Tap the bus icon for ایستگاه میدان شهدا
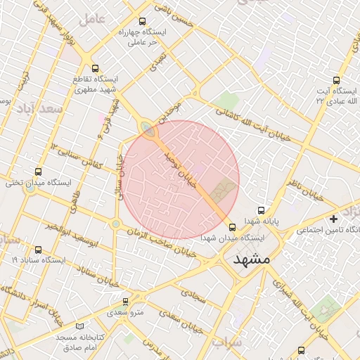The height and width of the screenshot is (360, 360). coord(233,226)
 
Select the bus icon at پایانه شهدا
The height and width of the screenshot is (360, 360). coord(262,210)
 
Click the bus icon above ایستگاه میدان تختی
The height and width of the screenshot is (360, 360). coord(38,172)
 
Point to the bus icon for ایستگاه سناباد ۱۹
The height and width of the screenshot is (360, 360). coord(37,249)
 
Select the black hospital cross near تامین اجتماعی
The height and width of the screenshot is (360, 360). coord(333,219)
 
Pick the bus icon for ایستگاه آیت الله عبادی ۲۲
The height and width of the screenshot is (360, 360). coord(336,80)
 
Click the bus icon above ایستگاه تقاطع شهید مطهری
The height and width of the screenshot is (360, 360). coord(96,68)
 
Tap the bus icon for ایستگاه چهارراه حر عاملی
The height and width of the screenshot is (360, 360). coord(143,21)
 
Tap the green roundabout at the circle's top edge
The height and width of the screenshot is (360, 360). coord(147,128)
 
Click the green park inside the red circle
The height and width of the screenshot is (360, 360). coord(223,188)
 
